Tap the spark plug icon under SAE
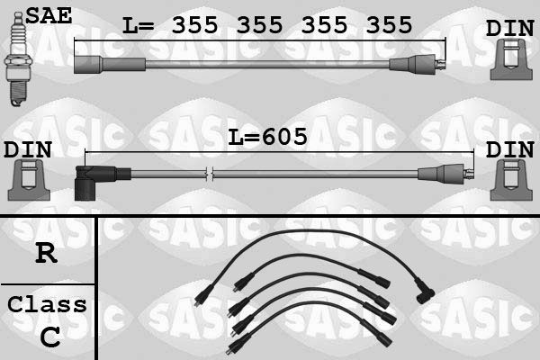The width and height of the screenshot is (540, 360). pos(17,59)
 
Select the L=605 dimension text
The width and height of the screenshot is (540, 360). pos(267,137)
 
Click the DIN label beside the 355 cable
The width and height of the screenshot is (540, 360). pos(508,28)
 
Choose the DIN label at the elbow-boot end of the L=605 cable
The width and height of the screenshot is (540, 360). pos(29,149)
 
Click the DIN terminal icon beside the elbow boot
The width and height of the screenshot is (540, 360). pos(29,180)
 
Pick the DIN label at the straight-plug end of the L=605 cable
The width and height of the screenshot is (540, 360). pos(508,149)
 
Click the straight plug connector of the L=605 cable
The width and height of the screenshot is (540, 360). pos(445,173)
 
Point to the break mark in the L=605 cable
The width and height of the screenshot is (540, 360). pos(209,174)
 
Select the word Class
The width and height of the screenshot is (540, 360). pos(47,304)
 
